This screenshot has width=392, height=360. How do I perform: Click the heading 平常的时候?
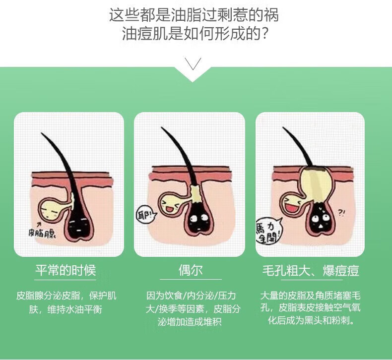click(x=65, y=270)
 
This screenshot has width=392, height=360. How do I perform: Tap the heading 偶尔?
click(x=191, y=270)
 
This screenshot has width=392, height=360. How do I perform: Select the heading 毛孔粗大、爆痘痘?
click(x=311, y=270)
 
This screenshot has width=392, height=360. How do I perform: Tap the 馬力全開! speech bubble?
click(x=268, y=231)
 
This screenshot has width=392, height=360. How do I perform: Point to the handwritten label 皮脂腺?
click(x=42, y=233)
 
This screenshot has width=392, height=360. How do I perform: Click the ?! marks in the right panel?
click(x=341, y=213)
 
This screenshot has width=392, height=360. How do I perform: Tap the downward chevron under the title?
click(x=193, y=63)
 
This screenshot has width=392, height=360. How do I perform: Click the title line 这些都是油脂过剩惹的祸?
click(x=194, y=15)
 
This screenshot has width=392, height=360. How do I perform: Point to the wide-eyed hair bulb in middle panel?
click(x=199, y=220)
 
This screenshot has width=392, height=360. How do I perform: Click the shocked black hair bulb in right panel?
click(x=321, y=219)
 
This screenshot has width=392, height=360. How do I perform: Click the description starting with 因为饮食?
click(x=193, y=309)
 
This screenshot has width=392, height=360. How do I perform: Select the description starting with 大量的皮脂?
click(x=311, y=307)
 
